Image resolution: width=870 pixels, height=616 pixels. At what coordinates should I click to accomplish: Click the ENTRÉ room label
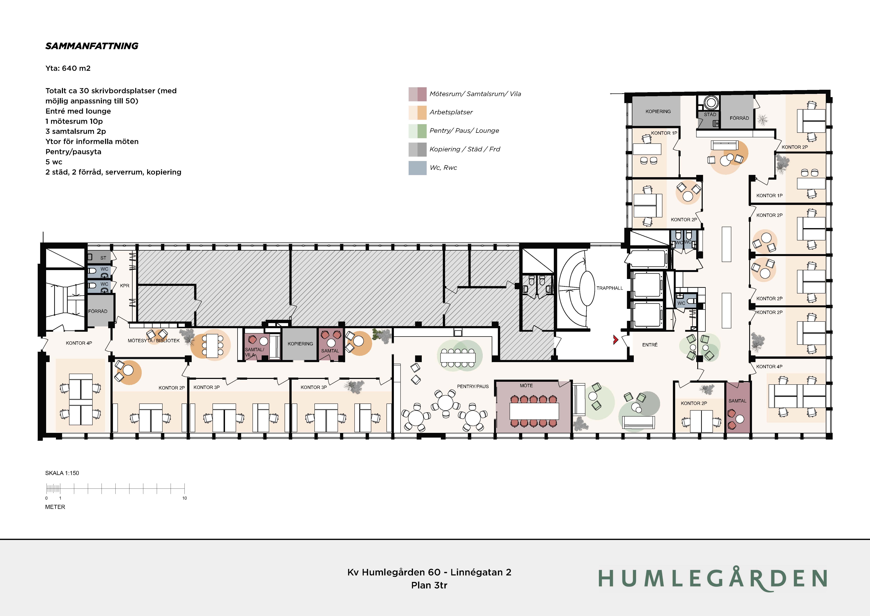650,345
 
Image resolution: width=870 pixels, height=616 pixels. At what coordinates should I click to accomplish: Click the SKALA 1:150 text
62,473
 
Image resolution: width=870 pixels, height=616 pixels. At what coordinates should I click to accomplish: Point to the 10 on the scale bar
184,498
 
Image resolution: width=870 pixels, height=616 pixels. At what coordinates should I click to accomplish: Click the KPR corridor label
125,286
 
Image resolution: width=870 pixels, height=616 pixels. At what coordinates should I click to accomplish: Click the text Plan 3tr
429,585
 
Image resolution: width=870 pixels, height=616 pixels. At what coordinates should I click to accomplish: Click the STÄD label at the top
710,114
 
